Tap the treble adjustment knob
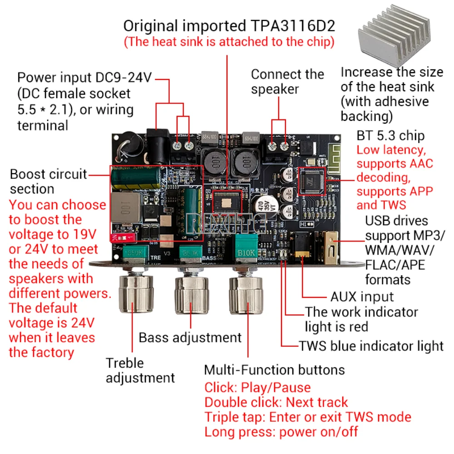coord(135,295)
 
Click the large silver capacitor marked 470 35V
coord(263,208)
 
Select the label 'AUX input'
coord(362,297)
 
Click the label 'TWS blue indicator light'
coord(371,346)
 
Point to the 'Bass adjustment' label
coord(190,337)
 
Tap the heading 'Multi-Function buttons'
coord(274,370)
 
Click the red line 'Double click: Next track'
coord(276,402)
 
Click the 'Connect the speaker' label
coord(287,82)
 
